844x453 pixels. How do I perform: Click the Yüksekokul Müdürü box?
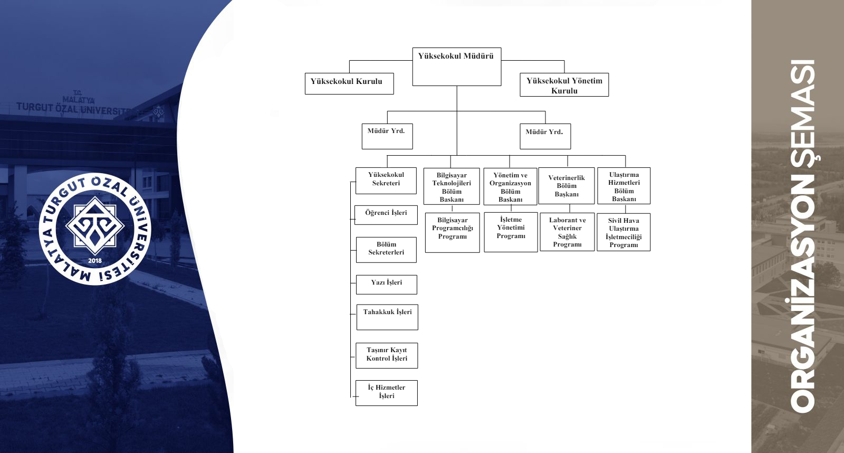pyautogui.click(x=456, y=67)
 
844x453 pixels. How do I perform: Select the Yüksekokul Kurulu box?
pyautogui.click(x=349, y=83)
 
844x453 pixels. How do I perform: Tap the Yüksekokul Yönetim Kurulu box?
pyautogui.click(x=564, y=85)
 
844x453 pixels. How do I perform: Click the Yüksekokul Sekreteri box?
pyautogui.click(x=386, y=180)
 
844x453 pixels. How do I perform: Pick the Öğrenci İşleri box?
pyautogui.click(x=386, y=214)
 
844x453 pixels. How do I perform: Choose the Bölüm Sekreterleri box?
pyautogui.click(x=386, y=249)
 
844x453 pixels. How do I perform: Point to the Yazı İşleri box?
pyautogui.click(x=387, y=284)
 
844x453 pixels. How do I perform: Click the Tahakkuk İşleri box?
pyautogui.click(x=387, y=317)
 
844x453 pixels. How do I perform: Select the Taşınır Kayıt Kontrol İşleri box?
pyautogui.click(x=387, y=355)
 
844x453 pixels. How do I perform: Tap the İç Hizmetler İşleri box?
pyautogui.click(x=387, y=392)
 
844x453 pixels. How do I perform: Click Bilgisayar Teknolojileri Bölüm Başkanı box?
pyautogui.click(x=452, y=186)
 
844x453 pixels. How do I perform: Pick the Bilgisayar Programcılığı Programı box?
pyautogui.click(x=452, y=232)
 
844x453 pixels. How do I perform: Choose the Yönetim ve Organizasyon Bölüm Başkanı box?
pyautogui.click(x=510, y=186)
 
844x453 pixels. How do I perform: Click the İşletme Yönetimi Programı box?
pyautogui.click(x=511, y=232)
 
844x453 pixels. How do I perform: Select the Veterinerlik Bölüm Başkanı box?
pyautogui.click(x=567, y=186)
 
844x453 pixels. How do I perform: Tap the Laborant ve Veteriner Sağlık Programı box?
pyautogui.click(x=567, y=232)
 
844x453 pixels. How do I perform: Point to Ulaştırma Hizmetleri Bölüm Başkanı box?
pyautogui.click(x=624, y=186)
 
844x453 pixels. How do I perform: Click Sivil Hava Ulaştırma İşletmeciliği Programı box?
pyautogui.click(x=624, y=232)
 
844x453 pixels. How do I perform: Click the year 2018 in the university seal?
pyautogui.click(x=95, y=261)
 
